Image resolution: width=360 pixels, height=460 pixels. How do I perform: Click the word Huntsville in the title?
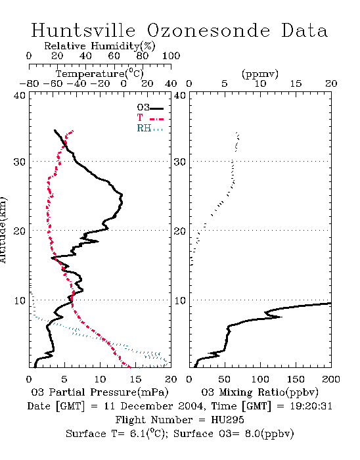click(83, 30)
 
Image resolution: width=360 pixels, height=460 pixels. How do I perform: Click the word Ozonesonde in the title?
click(208, 30)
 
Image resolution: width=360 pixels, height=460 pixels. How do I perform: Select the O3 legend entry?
click(150, 108)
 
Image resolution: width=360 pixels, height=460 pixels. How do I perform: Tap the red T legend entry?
click(150, 118)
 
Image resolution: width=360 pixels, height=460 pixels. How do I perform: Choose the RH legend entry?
click(150, 129)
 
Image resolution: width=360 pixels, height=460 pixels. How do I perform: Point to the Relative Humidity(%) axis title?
click(100, 46)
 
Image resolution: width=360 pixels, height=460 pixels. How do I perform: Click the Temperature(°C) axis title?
click(100, 74)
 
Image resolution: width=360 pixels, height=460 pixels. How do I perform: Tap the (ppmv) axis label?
click(260, 74)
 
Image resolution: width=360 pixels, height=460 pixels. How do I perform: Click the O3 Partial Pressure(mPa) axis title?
click(100, 392)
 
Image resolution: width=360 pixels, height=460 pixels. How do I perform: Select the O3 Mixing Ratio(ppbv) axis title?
click(259, 392)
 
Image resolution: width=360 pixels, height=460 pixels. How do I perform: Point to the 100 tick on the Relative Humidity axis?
click(171, 56)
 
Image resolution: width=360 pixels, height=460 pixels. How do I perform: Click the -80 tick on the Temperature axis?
click(29, 83)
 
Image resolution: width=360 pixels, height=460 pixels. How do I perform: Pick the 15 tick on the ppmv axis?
click(296, 83)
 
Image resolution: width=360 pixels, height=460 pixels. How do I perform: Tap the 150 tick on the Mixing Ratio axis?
click(296, 379)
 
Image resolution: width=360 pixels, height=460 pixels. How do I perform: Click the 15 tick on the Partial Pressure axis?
click(135, 379)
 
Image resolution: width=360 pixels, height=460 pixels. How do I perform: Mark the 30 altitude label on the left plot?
click(19, 162)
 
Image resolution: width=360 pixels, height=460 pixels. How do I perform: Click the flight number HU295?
click(227, 420)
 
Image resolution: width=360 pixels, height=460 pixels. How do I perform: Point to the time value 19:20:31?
click(311, 406)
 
